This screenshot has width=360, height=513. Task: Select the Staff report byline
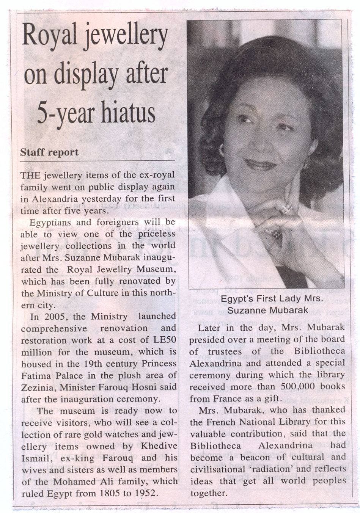49,152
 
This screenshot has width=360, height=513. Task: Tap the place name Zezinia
36,387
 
